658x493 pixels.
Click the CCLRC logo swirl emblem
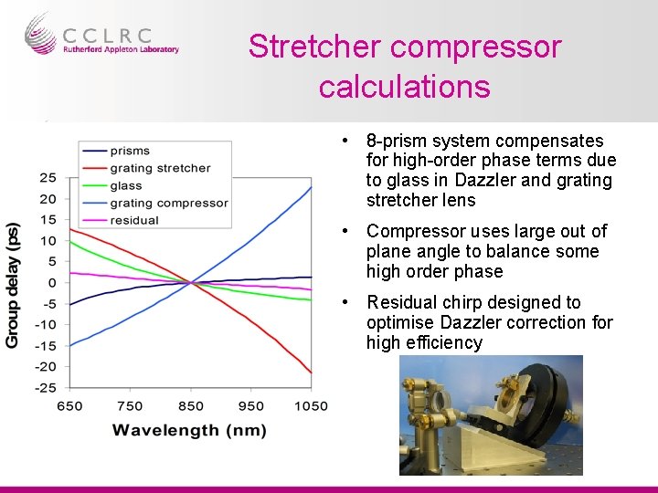41,34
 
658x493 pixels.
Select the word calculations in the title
404,87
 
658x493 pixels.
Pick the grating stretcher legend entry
160,168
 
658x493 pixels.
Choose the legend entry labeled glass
126,185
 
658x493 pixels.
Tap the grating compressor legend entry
168,203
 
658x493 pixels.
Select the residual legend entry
133,220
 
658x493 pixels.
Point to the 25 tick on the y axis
48,178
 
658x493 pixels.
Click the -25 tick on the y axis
46,387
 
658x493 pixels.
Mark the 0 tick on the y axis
52,283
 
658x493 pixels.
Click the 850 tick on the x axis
190,406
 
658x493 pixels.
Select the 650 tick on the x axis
69,406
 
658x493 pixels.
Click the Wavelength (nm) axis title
190,430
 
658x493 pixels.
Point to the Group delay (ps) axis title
14,284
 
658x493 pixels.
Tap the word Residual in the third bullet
400,302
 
